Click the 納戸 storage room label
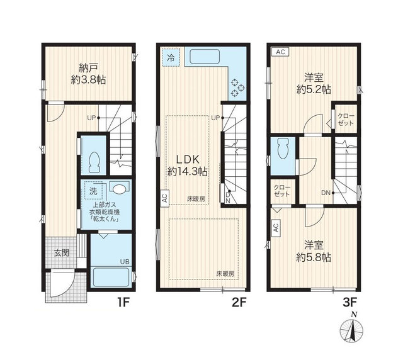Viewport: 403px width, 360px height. point(88,68)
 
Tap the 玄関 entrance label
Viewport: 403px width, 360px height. point(62,253)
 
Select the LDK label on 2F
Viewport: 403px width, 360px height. point(188,160)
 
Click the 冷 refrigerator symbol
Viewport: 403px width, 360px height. point(171,58)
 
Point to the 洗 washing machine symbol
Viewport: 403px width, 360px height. point(94,191)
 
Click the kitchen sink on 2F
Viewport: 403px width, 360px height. point(205,56)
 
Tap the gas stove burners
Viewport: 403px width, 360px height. point(237,87)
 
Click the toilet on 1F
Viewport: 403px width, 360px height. point(94,162)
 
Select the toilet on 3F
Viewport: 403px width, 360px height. point(283,149)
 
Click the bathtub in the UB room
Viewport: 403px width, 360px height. point(111,277)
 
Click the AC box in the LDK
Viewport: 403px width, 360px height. point(165,198)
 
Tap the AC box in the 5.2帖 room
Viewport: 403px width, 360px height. point(280,52)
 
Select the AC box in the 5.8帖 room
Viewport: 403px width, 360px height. point(276,227)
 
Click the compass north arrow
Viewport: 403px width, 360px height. point(352,329)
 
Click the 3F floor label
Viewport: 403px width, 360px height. point(350,303)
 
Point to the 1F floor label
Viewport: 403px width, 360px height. point(123,303)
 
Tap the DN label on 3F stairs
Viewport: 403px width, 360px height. point(326,193)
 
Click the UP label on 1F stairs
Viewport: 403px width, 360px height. point(91,118)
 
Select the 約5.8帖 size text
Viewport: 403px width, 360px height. point(314,257)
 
